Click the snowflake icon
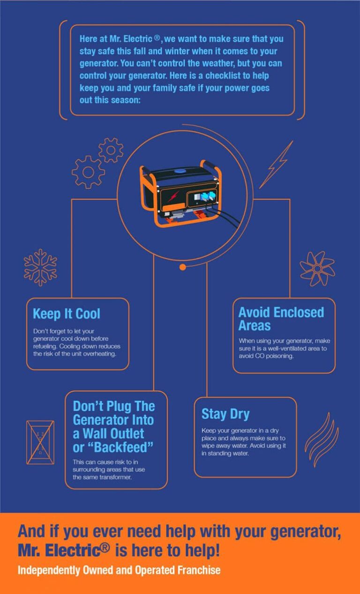click(x=40, y=268)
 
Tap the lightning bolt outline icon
click(x=277, y=165)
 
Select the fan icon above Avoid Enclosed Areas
click(x=317, y=268)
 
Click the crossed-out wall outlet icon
click(x=40, y=443)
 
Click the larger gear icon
click(x=88, y=172)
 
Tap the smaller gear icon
click(x=111, y=150)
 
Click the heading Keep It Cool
click(x=67, y=314)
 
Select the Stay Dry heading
click(x=225, y=414)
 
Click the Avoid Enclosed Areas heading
click(x=281, y=319)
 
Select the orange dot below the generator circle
click(x=183, y=267)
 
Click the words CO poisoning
click(x=271, y=355)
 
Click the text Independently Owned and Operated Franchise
click(x=119, y=570)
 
